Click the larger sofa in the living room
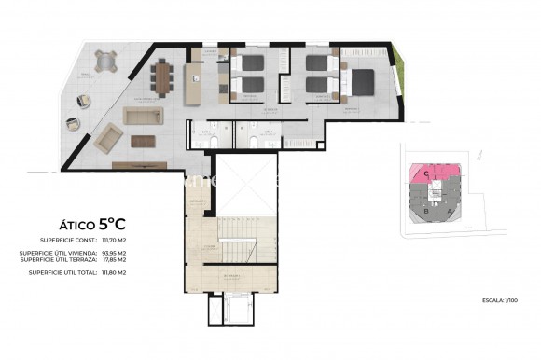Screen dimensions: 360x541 click(144, 117)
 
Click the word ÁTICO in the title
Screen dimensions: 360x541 click(73, 224)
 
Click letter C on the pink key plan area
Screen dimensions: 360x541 click(426, 173)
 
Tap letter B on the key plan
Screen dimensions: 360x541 click(426, 211)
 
